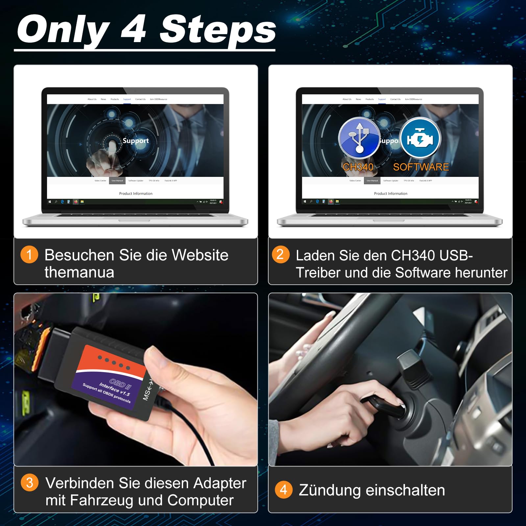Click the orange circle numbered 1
(x=29, y=254)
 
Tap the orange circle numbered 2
(x=280, y=254)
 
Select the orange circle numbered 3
(x=30, y=483)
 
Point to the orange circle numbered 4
(x=283, y=490)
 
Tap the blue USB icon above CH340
(x=359, y=138)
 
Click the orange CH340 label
(x=358, y=167)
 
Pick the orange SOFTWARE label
(x=421, y=167)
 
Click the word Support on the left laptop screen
(x=135, y=141)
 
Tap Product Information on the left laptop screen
(x=135, y=194)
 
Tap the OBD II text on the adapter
(x=120, y=384)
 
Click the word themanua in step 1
(x=79, y=273)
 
